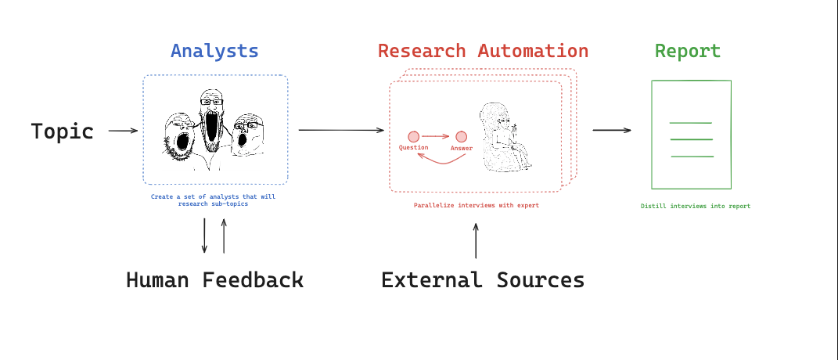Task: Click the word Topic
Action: tap(63, 131)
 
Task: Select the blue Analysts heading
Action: tap(214, 52)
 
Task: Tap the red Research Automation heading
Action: tap(483, 52)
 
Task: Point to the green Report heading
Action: tap(688, 52)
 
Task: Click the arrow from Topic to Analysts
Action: tap(123, 131)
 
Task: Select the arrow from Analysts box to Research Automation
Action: tap(341, 130)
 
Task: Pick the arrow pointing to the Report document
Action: tap(612, 130)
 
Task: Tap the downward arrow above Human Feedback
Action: tap(205, 236)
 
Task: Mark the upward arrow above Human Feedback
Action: tap(224, 236)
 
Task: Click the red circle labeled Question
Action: tap(413, 136)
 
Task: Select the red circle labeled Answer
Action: tap(462, 136)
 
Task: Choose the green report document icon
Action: tap(692, 135)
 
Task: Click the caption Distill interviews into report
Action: tap(695, 207)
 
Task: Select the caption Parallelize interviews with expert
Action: tap(476, 205)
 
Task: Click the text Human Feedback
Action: tap(214, 280)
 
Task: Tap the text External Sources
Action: tap(483, 280)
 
